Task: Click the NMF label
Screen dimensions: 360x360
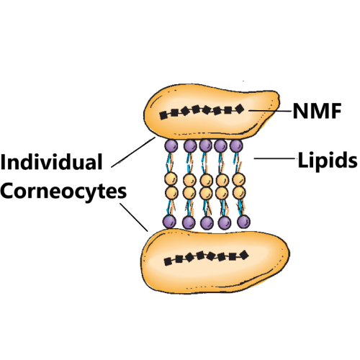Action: tap(317, 111)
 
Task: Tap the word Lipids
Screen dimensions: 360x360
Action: tap(328, 161)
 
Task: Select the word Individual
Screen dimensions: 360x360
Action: tap(51, 161)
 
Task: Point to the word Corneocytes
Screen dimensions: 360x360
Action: tap(63, 192)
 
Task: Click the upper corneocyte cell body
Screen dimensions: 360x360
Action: tap(211, 112)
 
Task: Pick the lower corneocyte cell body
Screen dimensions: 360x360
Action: tap(215, 261)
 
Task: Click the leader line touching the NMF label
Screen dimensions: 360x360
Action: tap(270, 111)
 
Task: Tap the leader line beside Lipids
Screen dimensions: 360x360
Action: tap(274, 158)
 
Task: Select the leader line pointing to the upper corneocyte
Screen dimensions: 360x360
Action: tap(133, 152)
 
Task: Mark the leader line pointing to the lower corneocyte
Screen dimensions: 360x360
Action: tap(134, 217)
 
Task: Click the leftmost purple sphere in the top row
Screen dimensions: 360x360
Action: tap(171, 145)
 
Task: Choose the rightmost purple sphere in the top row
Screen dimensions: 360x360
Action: tap(236, 145)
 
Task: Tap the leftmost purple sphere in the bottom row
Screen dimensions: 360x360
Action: tap(169, 222)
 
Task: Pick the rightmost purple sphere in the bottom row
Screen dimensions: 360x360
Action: tap(243, 222)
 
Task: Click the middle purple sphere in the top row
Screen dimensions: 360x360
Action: tap(206, 145)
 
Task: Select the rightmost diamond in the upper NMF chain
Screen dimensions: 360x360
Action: tap(239, 109)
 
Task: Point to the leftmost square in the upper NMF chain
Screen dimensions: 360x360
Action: tap(163, 116)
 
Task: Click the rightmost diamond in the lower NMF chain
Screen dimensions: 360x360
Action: tap(244, 255)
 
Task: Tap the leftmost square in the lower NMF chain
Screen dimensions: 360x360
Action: tap(168, 261)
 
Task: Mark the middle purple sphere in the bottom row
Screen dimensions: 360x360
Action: tap(207, 222)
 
